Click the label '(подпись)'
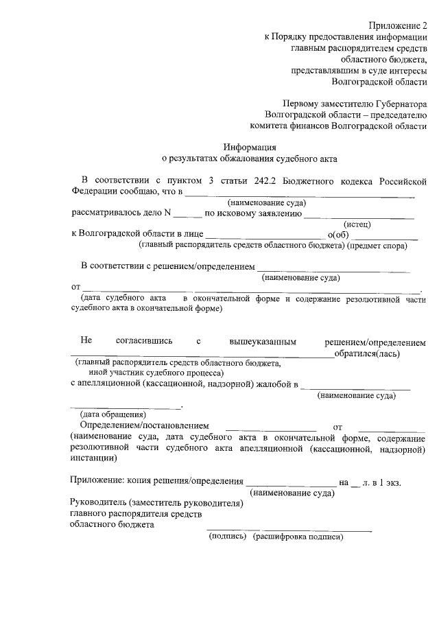click(227, 536)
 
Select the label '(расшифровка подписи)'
click(297, 536)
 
